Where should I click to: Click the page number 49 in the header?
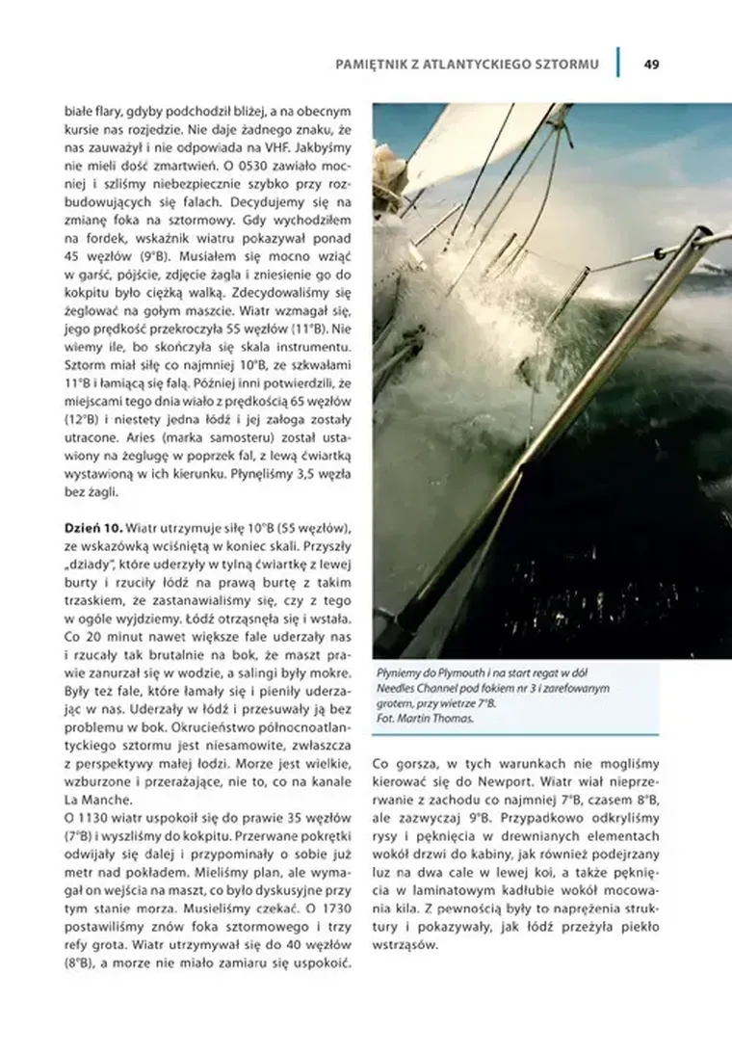click(652, 65)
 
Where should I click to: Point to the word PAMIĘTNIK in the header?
click(370, 65)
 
